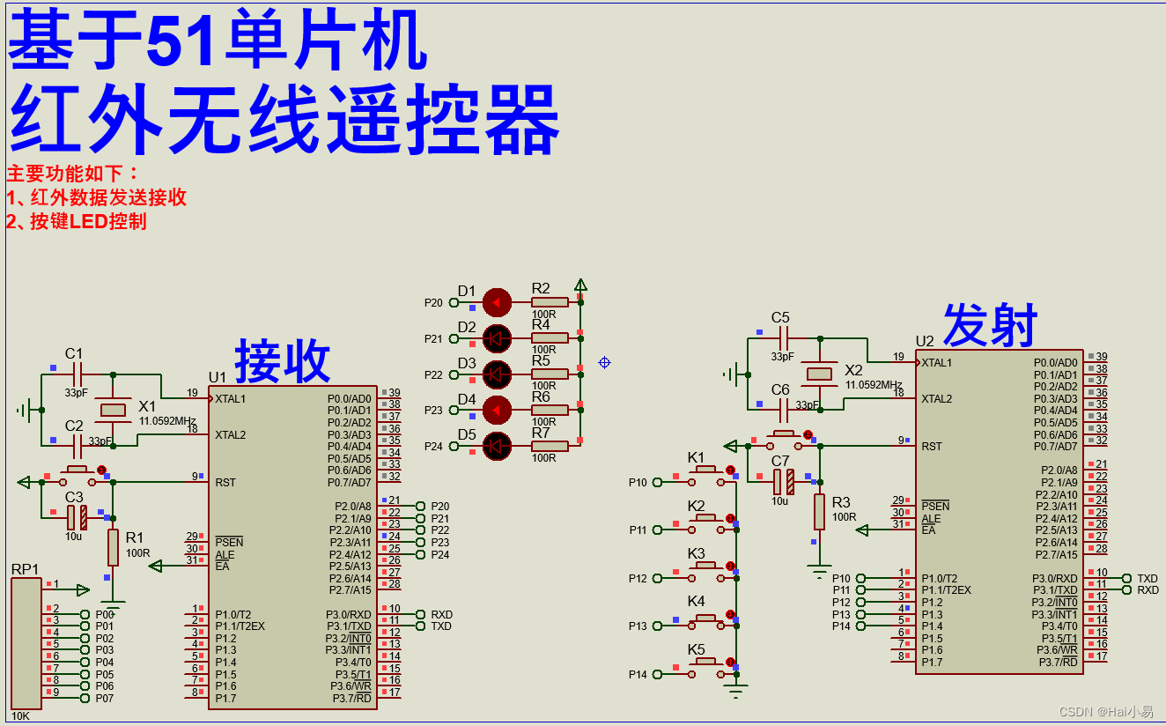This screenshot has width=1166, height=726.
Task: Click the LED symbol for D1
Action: pyautogui.click(x=498, y=302)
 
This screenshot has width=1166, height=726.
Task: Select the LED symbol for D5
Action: pyautogui.click(x=498, y=446)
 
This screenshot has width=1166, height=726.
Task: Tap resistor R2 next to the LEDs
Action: pyautogui.click(x=549, y=302)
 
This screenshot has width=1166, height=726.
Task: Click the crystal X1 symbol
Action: pyautogui.click(x=114, y=410)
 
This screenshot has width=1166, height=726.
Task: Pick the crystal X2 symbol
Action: pyautogui.click(x=820, y=374)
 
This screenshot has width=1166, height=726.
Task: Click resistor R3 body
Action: pyautogui.click(x=819, y=512)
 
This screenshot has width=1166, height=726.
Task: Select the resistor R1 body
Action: pyautogui.click(x=113, y=547)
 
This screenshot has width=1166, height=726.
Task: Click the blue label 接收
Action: pyautogui.click(x=282, y=361)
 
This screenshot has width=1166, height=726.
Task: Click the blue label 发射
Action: pyautogui.click(x=990, y=325)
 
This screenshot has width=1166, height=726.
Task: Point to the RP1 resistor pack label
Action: pyautogui.click(x=25, y=569)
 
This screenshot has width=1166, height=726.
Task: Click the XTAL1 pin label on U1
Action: pyautogui.click(x=232, y=399)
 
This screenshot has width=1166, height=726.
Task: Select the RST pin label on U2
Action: pyautogui.click(x=932, y=447)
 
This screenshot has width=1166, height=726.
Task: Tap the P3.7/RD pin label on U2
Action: pyautogui.click(x=1057, y=662)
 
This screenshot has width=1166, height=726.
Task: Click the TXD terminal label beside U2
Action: pyautogui.click(x=1148, y=579)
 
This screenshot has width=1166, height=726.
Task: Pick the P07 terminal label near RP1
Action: pyautogui.click(x=105, y=699)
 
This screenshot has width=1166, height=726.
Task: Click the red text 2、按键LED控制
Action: pyautogui.click(x=77, y=222)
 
